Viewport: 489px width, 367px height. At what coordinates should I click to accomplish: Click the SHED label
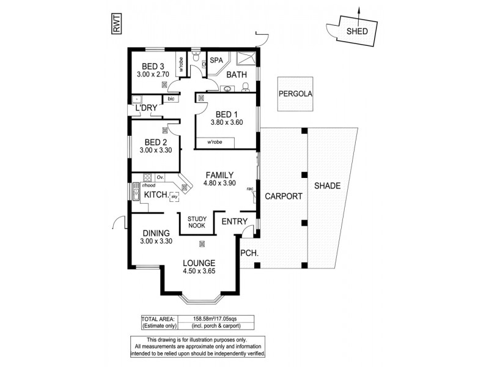coord(358,32)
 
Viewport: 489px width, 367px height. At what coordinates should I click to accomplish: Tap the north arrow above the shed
coord(359,15)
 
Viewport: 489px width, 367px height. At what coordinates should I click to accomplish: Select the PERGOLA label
coord(295,94)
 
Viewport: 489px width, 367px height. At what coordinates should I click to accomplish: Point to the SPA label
coord(216,61)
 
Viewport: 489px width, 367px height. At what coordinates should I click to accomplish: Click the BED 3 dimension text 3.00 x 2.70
coord(153,75)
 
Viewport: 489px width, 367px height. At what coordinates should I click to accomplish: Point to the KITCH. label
coord(155,194)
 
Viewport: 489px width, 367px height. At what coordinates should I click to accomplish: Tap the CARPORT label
coord(283,196)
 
